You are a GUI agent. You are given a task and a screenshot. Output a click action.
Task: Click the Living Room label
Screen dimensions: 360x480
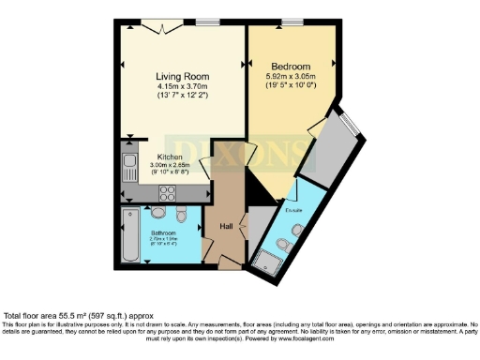point(182,76)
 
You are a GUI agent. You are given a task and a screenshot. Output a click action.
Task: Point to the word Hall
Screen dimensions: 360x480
point(226,226)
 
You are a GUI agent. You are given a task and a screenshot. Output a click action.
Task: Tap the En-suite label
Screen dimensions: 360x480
point(294,211)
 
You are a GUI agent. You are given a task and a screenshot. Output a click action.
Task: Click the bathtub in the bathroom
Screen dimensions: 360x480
point(128,235)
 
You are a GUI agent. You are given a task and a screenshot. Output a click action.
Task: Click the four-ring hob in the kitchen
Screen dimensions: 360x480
point(168,194)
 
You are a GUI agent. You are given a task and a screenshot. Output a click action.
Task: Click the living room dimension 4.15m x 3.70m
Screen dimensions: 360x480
point(182,88)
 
